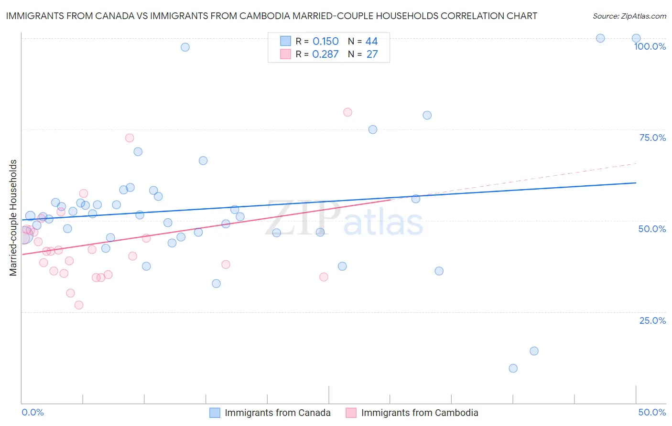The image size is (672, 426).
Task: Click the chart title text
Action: [271, 16]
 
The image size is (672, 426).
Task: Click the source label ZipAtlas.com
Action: [629, 16]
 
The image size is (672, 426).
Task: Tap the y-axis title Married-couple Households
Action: [13, 218]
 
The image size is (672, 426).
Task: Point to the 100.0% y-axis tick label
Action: [650, 46]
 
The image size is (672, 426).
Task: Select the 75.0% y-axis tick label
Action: [652, 138]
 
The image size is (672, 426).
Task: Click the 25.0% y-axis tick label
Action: [652, 320]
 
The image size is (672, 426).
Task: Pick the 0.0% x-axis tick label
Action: [33, 412]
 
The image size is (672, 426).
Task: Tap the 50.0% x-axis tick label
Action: [652, 412]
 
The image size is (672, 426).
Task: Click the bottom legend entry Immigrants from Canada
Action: [277, 413]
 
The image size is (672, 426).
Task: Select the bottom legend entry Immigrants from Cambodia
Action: [419, 413]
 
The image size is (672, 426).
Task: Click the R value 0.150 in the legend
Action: [325, 42]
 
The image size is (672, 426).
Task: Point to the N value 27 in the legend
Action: [372, 54]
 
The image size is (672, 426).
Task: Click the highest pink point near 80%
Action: [347, 112]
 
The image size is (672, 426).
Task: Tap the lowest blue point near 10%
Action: [513, 368]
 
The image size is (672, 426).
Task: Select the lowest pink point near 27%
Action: [79, 305]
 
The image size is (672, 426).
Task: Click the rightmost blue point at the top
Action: [636, 38]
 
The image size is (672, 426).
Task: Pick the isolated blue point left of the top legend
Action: [185, 47]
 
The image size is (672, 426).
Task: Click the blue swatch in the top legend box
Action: [285, 41]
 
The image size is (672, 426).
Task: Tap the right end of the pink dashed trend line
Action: [636, 164]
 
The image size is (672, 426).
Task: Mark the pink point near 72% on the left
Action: [130, 138]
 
